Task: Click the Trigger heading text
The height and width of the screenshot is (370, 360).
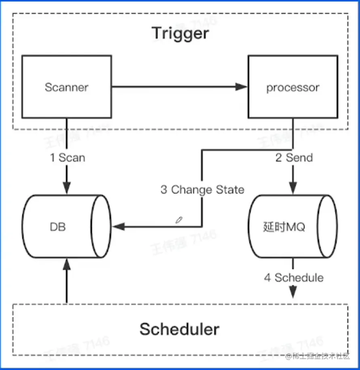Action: [180, 33]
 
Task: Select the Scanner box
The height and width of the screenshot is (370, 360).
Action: [67, 87]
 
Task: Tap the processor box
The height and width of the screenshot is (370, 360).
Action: [293, 87]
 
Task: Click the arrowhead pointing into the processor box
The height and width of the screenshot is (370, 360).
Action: [241, 86]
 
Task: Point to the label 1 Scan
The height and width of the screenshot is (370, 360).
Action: [67, 158]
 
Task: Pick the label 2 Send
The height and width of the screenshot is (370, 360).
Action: [294, 158]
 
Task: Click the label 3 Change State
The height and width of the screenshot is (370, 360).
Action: [202, 189]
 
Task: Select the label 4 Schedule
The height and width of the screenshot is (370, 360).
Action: [294, 277]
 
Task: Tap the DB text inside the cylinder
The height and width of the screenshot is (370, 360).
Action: [58, 227]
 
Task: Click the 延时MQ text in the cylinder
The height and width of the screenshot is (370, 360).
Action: [284, 227]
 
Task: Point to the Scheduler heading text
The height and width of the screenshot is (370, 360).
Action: [179, 329]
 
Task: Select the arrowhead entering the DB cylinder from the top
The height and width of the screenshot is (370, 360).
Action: [67, 187]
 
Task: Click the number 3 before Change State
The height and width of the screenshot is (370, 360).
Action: [164, 189]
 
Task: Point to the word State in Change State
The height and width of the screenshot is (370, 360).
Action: [231, 189]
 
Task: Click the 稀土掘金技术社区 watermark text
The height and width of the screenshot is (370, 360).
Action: [320, 356]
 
